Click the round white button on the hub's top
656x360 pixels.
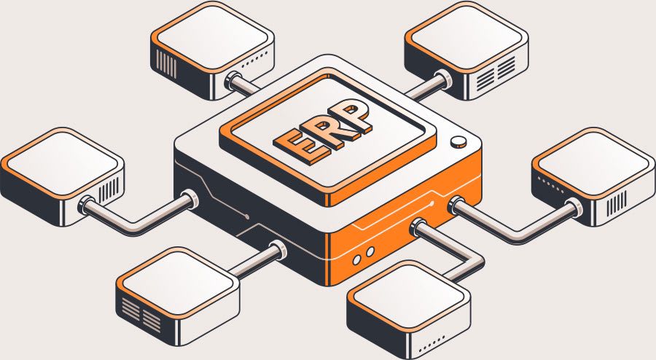(x=458, y=142)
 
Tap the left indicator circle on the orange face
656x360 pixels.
(x=357, y=259)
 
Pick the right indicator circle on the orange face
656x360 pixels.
(x=370, y=251)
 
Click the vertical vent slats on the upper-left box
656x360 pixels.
(x=166, y=63)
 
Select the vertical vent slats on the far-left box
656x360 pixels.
(x=109, y=189)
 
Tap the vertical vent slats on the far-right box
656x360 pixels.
(x=617, y=202)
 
